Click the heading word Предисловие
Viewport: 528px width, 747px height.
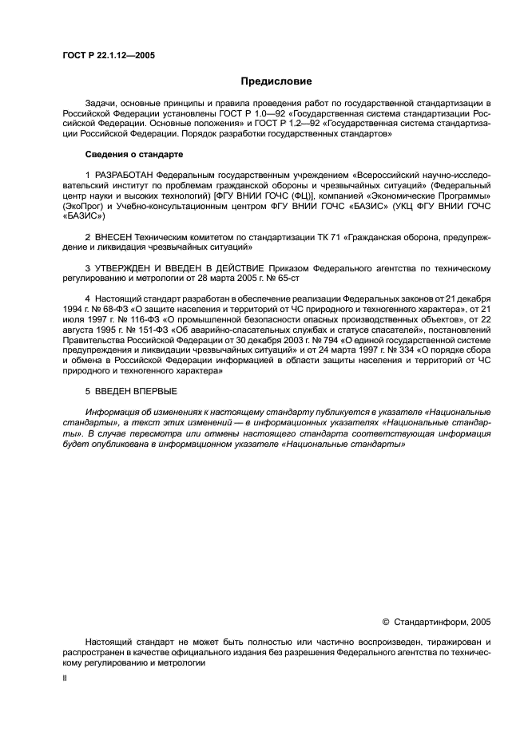pyautogui.click(x=276, y=81)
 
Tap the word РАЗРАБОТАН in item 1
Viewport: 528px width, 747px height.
pyautogui.click(x=124, y=174)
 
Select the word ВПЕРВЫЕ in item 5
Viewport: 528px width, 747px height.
pyautogui.click(x=153, y=390)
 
